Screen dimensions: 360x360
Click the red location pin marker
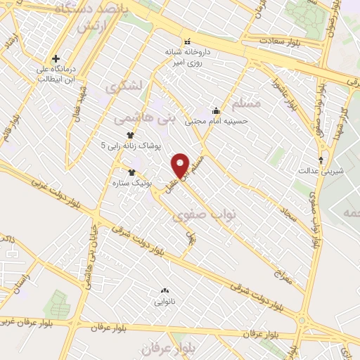(181, 164)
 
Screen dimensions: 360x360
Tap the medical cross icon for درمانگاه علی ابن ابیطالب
(55, 58)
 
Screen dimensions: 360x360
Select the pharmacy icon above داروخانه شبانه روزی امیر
(186, 41)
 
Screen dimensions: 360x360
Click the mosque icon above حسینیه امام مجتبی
(216, 110)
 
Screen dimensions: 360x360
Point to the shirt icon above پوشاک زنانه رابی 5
(129, 134)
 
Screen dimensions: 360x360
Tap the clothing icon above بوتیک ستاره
(131, 171)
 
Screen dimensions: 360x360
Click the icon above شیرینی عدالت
(321, 159)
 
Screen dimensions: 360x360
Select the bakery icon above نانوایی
(165, 290)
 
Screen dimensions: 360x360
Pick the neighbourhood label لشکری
(123, 88)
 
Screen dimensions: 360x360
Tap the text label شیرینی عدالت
(326, 170)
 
